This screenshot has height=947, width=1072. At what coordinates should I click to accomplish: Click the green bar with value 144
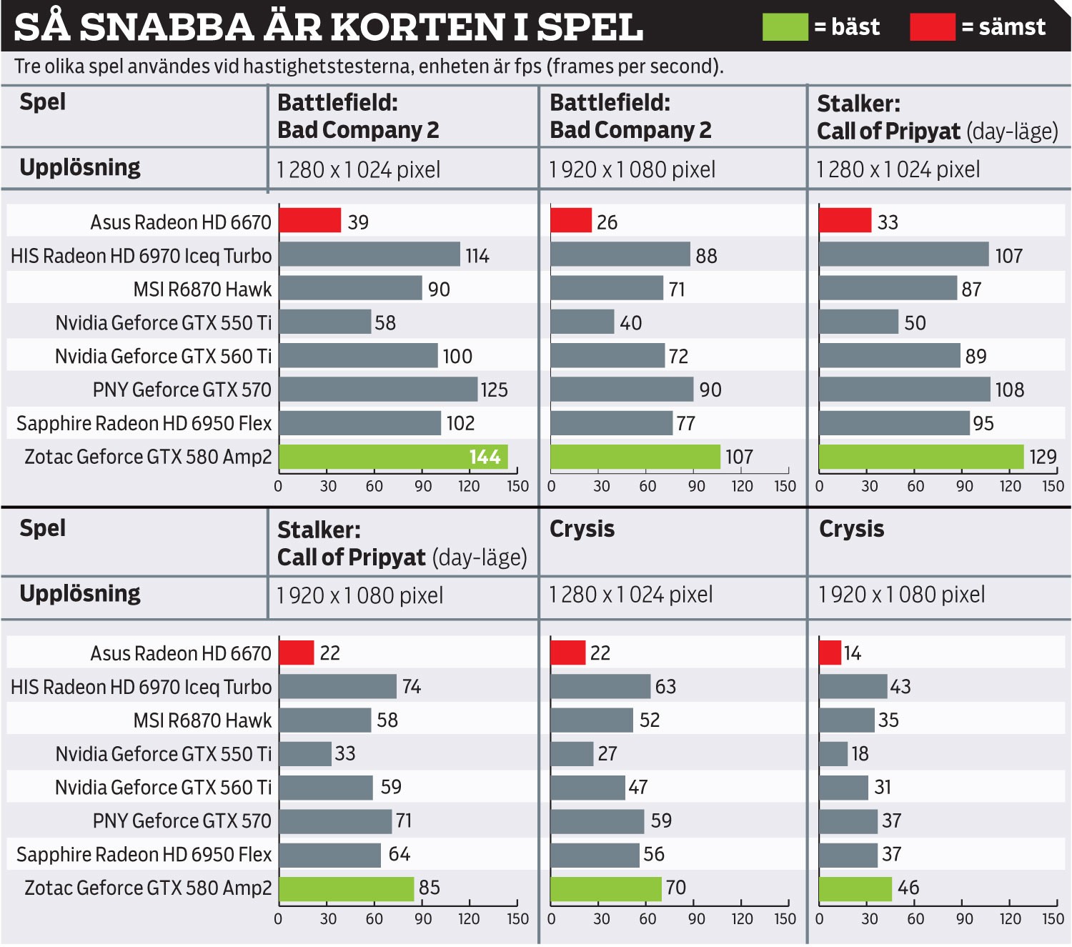coord(393,457)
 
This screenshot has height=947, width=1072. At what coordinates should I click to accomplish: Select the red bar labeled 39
coord(309,220)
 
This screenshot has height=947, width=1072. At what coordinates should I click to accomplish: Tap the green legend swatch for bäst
coord(785,27)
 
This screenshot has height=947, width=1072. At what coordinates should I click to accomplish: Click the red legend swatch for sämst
coord(932,27)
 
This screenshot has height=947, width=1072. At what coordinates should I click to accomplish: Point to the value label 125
coord(494,390)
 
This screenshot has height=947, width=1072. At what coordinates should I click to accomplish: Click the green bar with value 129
coord(921,457)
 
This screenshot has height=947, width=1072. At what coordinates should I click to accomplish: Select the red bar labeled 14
coord(830,653)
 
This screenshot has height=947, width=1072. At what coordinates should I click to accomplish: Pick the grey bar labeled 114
coord(369,254)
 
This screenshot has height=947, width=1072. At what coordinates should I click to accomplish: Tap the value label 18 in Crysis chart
coord(860,754)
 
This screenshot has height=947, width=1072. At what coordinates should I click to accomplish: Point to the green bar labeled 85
coord(347,888)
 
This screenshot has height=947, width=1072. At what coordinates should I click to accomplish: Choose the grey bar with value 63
coord(600,686)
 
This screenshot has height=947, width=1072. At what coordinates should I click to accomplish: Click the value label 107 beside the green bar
coord(739,457)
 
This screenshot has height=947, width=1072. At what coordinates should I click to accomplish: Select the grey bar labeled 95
coord(894,423)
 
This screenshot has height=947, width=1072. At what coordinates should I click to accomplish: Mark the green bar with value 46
coord(855,888)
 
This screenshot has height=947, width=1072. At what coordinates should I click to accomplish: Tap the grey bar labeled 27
coord(572,753)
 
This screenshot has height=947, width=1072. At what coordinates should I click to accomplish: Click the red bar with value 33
coord(845,220)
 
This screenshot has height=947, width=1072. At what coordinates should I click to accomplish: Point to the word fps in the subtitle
coord(528,66)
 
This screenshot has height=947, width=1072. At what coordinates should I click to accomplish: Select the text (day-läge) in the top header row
coord(1012,132)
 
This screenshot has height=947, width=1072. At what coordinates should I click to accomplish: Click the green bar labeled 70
coord(606,888)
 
